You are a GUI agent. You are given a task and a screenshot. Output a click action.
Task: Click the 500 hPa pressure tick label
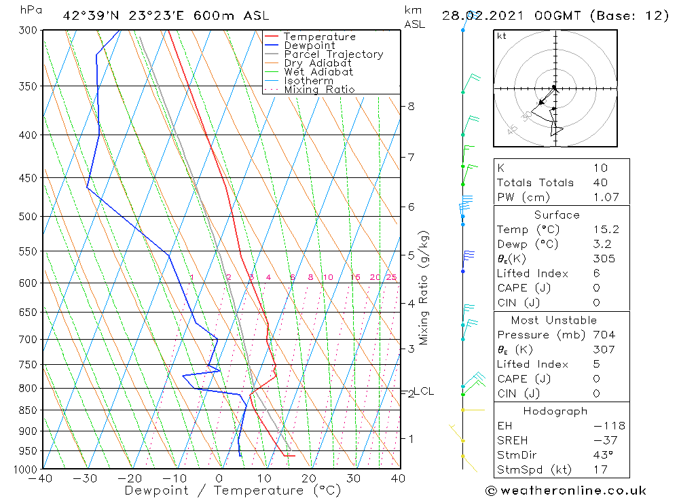(x=29, y=217)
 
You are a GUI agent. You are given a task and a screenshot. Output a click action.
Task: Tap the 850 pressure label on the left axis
(x=29, y=410)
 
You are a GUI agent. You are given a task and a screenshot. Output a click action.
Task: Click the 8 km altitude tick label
(x=411, y=106)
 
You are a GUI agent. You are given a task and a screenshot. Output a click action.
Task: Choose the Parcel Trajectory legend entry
(x=333, y=54)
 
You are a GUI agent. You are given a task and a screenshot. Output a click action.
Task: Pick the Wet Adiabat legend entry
(x=318, y=72)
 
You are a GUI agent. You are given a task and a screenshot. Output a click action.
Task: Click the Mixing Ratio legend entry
(x=319, y=90)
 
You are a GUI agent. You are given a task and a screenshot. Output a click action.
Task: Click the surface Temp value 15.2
(x=606, y=230)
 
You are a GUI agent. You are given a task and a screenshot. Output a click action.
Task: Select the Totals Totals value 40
(x=600, y=182)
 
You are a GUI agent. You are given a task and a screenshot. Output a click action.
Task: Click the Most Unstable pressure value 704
(x=604, y=335)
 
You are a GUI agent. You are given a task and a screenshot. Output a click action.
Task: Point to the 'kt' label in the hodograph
(x=502, y=36)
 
